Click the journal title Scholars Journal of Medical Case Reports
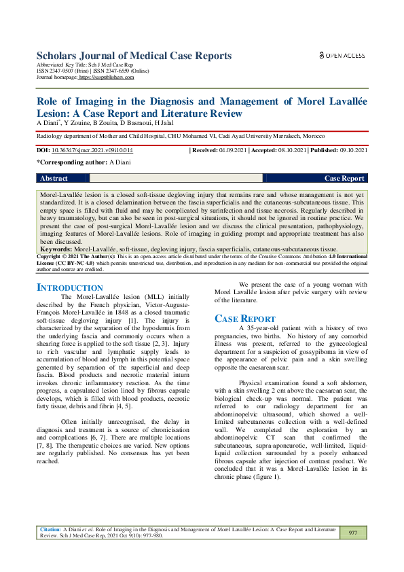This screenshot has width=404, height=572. point(134,55)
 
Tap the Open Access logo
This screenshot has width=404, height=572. point(341,55)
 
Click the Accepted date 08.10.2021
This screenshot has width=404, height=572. point(290,149)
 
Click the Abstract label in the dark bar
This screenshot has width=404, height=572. point(54,179)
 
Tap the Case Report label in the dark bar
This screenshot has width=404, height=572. point(344,179)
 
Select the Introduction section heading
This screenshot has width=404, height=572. point(69,288)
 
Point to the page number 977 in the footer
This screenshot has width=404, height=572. point(352,533)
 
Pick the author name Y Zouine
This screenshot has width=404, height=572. point(69,123)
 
